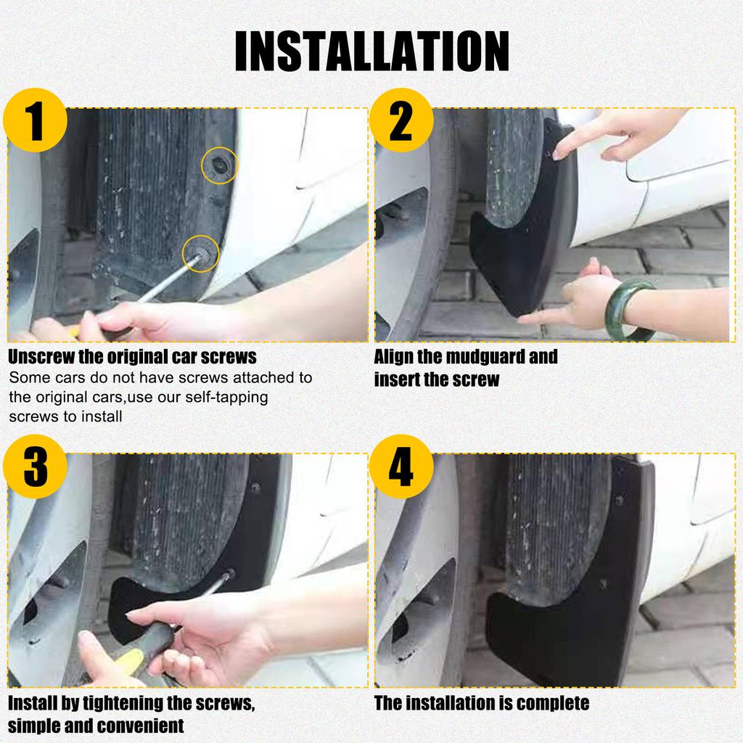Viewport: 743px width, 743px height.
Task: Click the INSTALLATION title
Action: [x=372, y=51]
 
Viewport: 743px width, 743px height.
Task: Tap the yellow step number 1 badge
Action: [x=35, y=120]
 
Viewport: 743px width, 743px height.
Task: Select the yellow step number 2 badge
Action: [x=401, y=120]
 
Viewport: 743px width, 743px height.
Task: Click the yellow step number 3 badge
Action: [x=35, y=467]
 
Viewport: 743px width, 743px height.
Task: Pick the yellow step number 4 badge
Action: [x=401, y=467]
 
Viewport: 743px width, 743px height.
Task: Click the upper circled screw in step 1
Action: [x=219, y=165]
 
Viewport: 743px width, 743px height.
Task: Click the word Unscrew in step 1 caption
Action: [x=41, y=357]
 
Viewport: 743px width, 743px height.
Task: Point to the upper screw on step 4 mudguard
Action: [x=619, y=499]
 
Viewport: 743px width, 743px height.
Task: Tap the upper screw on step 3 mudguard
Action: [x=255, y=488]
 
